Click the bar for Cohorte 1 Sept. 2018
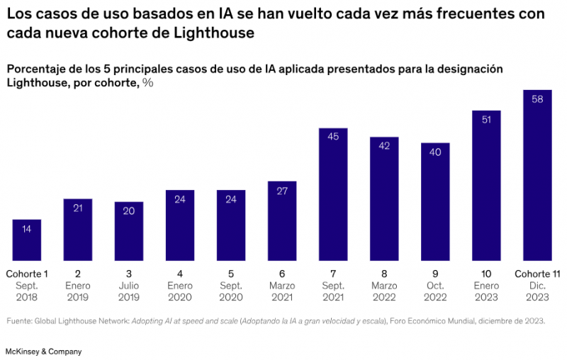click(x=27, y=241)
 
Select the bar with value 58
click(x=537, y=177)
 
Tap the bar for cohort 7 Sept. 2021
click(x=333, y=195)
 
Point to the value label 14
click(x=27, y=229)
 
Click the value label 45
click(x=333, y=137)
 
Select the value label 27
click(x=282, y=191)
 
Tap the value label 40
click(x=435, y=152)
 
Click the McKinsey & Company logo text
click(x=43, y=351)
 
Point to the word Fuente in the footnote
click(x=21, y=321)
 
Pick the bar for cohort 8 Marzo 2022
click(x=384, y=198)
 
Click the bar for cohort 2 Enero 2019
click(x=78, y=230)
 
